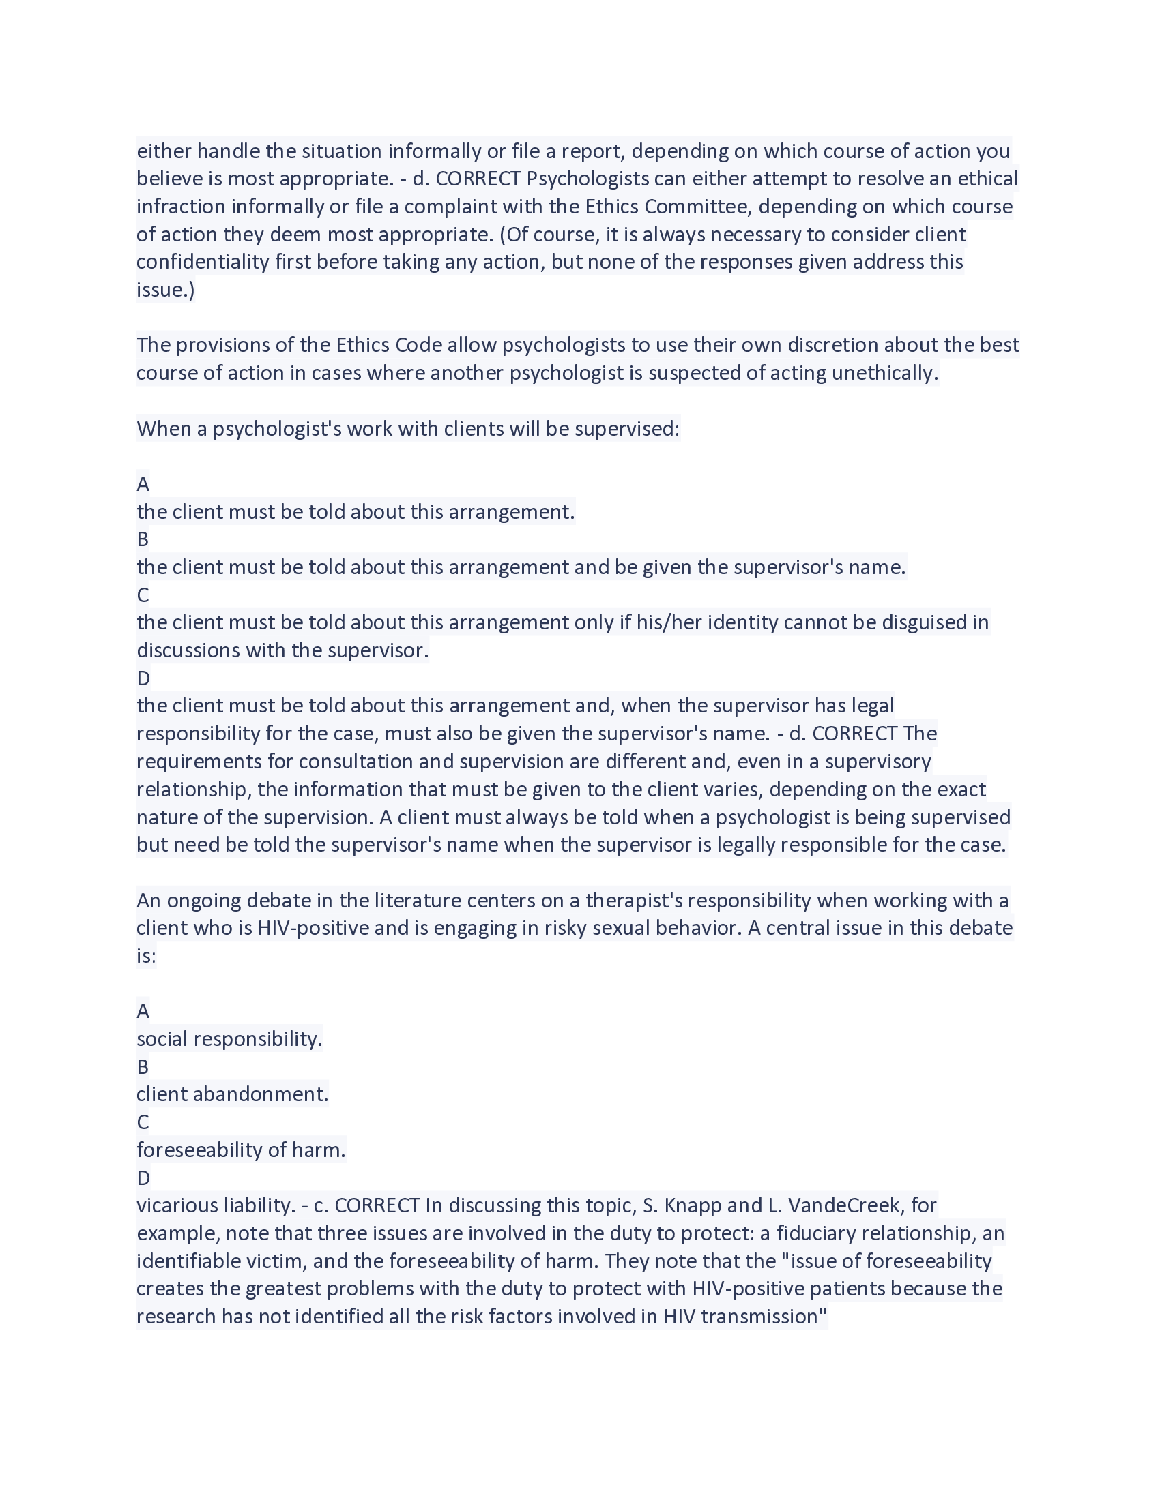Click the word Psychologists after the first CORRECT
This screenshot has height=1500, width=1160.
(588, 179)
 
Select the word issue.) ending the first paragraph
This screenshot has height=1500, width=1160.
(166, 290)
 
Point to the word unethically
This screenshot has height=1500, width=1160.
(884, 373)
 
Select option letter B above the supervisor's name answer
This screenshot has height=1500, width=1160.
(143, 539)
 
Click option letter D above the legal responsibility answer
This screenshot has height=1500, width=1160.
(143, 678)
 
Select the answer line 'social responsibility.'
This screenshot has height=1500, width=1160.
(229, 1038)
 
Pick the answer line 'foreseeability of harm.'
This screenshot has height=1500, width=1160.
(240, 1150)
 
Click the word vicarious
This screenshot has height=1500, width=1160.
(177, 1205)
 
